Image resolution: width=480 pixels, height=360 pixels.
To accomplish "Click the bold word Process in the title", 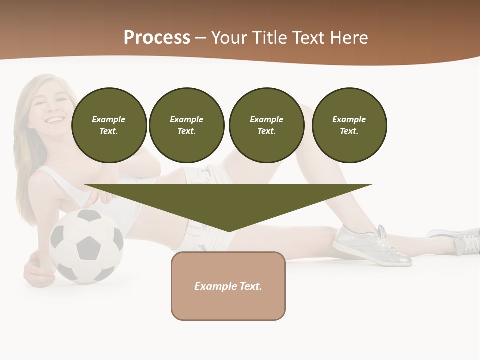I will point(157,38).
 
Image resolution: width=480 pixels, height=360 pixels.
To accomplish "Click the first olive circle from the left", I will point(109,125).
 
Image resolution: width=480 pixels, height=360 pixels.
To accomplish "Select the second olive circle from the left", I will point(187,125).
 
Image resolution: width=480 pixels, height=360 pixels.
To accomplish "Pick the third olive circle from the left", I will point(266,125).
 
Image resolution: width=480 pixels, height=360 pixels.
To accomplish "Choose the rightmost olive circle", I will point(349,125).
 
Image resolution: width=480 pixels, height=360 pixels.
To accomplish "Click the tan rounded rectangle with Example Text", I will point(228,286).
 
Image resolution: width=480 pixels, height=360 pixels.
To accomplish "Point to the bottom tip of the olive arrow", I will point(228,231).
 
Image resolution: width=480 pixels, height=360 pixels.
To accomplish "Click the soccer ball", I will point(87,245).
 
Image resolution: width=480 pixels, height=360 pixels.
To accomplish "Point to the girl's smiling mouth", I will point(55,120).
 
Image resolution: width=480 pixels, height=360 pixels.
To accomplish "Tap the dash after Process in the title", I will point(200,38).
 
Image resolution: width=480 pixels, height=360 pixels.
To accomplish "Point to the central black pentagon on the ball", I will point(89,246).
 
